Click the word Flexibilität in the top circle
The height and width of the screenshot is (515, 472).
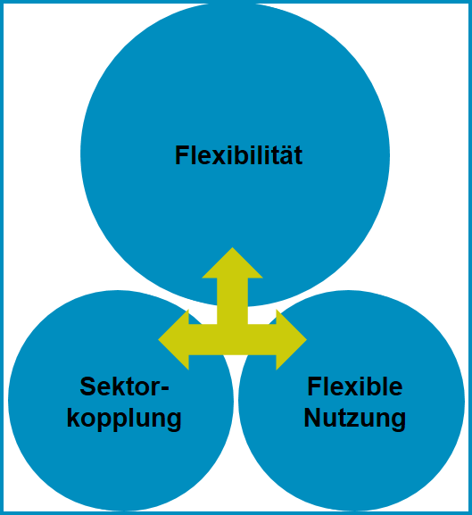238,155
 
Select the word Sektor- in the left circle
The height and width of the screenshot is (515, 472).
124,386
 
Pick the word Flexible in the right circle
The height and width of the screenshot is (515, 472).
355,386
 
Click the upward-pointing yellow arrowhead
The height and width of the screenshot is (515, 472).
232,262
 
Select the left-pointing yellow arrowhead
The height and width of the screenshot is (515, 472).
174,339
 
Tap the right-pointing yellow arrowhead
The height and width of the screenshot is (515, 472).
292,339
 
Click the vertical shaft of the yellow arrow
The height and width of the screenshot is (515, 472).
232,301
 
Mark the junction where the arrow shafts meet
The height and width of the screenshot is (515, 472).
232,339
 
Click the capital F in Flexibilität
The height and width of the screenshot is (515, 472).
181,155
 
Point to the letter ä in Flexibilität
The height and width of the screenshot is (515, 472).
285,155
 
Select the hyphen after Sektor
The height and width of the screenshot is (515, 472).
165,388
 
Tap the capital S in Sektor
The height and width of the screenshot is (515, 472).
87,386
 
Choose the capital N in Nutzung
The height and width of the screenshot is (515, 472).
312,417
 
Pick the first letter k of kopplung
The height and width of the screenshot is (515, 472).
73,418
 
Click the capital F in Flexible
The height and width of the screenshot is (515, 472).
314,386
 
